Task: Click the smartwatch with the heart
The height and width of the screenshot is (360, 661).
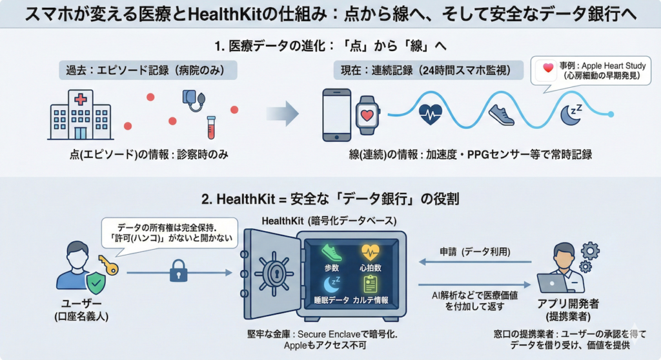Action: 367,115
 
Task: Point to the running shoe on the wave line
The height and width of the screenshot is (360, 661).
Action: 501,115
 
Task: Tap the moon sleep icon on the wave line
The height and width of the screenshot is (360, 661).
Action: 570,114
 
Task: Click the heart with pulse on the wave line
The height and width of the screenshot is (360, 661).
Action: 431,114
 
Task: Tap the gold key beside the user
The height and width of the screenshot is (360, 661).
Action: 108,265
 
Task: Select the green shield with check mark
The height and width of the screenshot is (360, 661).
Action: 96,282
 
